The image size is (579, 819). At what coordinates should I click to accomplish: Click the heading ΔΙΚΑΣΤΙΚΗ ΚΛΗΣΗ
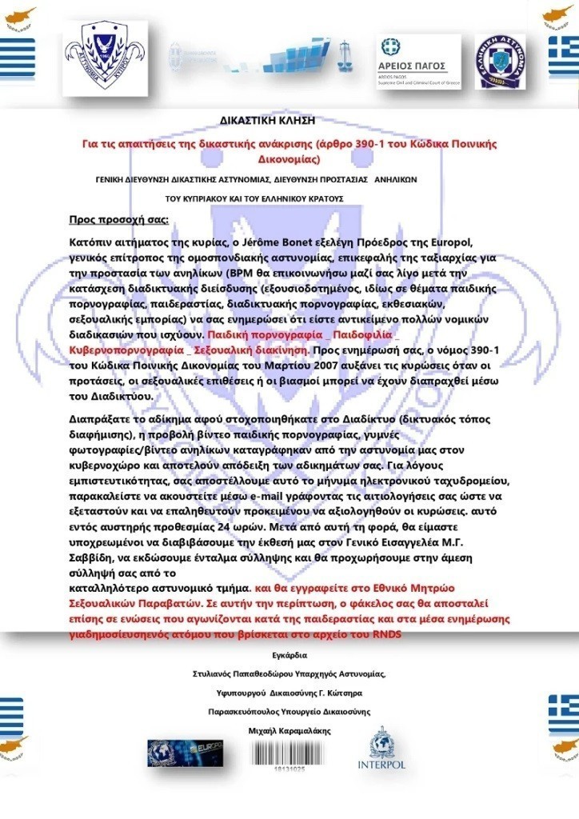click(268, 121)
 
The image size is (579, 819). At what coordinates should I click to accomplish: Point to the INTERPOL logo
click(381, 751)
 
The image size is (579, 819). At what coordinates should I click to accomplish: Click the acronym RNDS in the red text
click(382, 634)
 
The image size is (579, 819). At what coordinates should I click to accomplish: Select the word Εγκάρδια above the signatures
click(289, 655)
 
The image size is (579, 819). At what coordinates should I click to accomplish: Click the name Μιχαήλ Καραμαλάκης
click(289, 730)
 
